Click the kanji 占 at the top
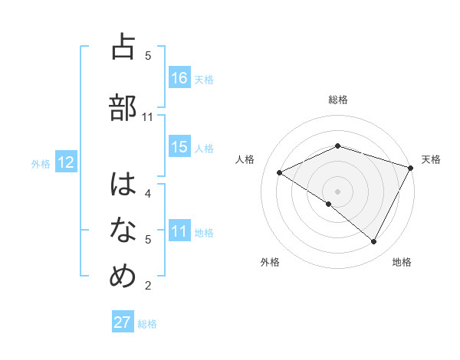(x=123, y=47)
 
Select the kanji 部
(x=123, y=107)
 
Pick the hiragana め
(x=123, y=277)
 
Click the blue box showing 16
(x=179, y=78)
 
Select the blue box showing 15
(x=179, y=147)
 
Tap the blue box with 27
(x=123, y=322)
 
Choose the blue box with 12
(x=65, y=162)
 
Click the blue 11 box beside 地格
(x=179, y=231)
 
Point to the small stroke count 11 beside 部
(x=148, y=117)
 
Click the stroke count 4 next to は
(x=148, y=193)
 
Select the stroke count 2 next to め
(x=148, y=286)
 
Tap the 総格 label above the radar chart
(x=337, y=100)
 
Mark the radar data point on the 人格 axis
(x=280, y=173)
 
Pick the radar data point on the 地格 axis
(x=374, y=242)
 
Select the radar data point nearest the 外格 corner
(x=329, y=204)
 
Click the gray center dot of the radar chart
(x=337, y=191)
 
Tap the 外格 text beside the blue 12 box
(x=40, y=163)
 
